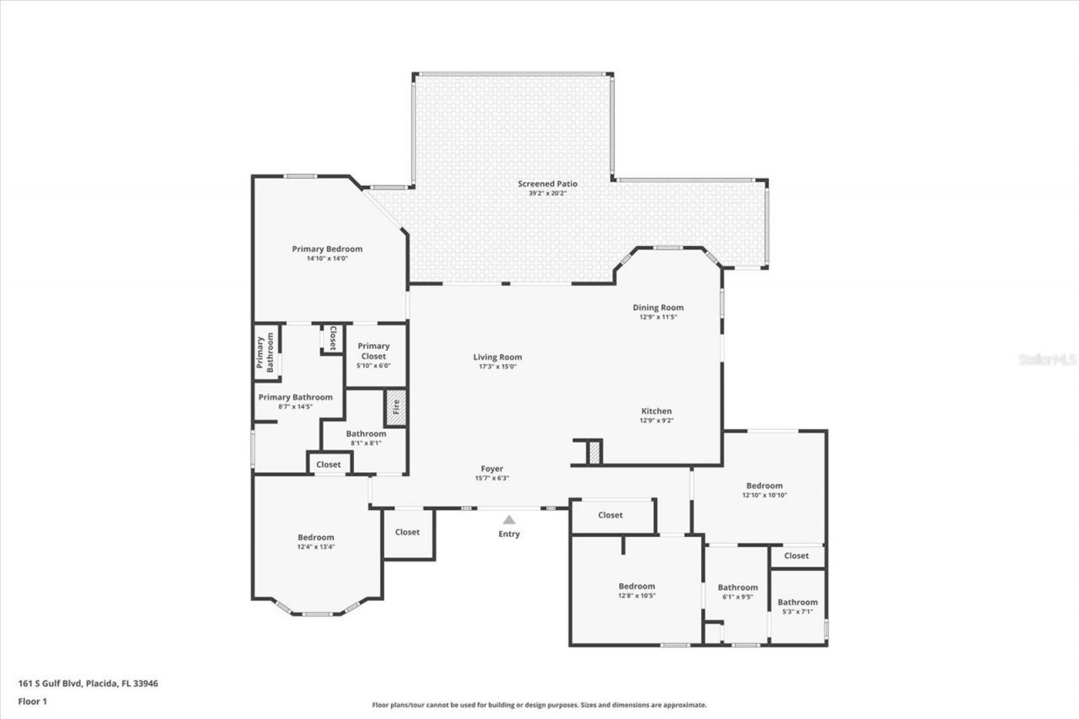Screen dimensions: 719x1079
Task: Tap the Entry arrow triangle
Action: pos(509,520)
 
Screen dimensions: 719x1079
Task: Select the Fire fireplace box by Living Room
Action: pos(395,407)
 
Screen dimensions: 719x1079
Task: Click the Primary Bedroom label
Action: pos(327,249)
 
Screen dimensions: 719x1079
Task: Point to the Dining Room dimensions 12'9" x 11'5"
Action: pos(658,317)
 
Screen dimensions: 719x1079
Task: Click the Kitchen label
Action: pos(656,411)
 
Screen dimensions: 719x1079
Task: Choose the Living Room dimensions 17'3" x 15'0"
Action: pos(497,366)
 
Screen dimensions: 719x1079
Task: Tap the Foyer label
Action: pos(491,469)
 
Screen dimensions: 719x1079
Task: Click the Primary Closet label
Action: pos(373,351)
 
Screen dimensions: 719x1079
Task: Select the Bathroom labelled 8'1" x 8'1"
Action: pos(365,434)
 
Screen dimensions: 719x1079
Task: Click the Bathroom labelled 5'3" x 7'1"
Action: pos(797,602)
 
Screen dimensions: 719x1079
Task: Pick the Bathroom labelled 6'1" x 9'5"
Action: pos(738,588)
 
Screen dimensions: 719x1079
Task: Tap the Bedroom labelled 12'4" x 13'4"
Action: pos(315,537)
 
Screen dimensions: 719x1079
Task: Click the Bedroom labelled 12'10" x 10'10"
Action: pos(764,486)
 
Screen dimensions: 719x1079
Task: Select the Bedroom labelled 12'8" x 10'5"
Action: pos(636,586)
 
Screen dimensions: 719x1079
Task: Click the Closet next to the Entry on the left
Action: pos(407,532)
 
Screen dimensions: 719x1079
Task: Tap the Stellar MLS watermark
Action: pos(1047,359)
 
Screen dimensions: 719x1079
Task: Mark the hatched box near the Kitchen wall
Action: pos(595,452)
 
